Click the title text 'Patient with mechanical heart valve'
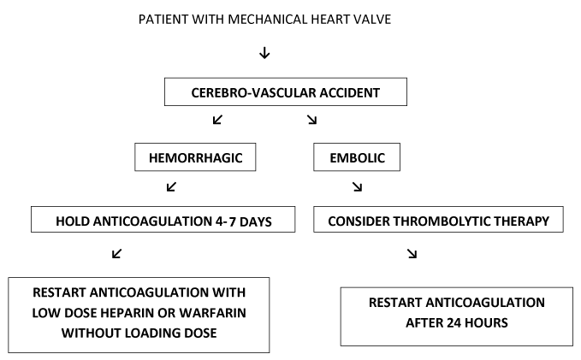(x=264, y=20)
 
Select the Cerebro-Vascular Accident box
(x=286, y=91)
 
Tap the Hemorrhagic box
(x=195, y=157)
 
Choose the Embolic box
(x=357, y=157)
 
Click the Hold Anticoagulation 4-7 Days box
(x=163, y=220)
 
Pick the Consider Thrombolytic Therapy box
(x=438, y=220)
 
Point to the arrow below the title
(x=264, y=53)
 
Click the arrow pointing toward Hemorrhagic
(x=217, y=120)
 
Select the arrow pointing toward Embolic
(x=312, y=120)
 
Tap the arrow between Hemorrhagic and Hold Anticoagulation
(x=171, y=186)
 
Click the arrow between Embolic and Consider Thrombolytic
(x=358, y=186)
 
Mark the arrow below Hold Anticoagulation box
(x=116, y=254)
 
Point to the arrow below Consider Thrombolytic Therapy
(x=412, y=254)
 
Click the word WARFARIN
(x=213, y=313)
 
